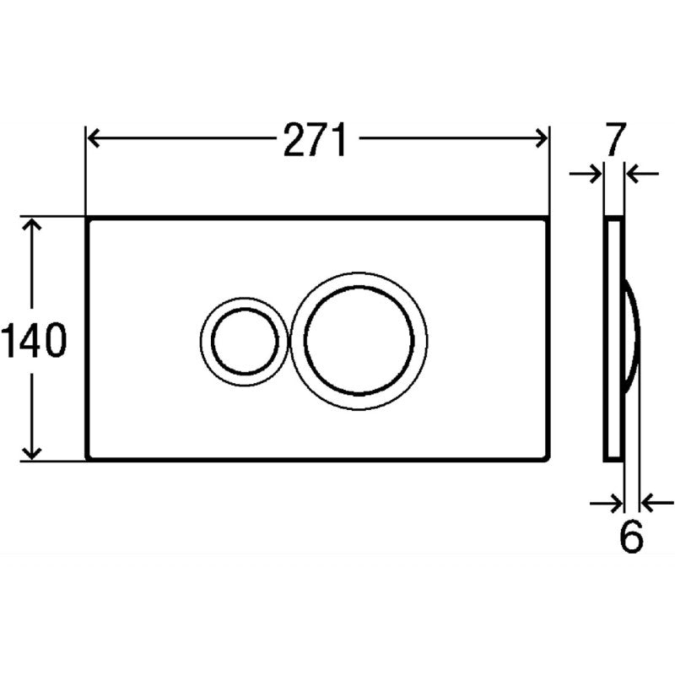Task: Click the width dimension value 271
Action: point(315,139)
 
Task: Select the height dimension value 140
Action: point(34,341)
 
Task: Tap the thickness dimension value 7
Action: point(615,140)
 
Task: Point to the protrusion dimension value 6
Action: point(631,537)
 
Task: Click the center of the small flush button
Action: point(245,341)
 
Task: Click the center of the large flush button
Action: point(359,341)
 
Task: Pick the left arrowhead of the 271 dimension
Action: point(94,138)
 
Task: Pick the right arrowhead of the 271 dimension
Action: point(541,138)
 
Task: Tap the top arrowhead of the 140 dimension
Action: point(32,224)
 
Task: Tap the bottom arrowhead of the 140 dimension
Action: point(32,452)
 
